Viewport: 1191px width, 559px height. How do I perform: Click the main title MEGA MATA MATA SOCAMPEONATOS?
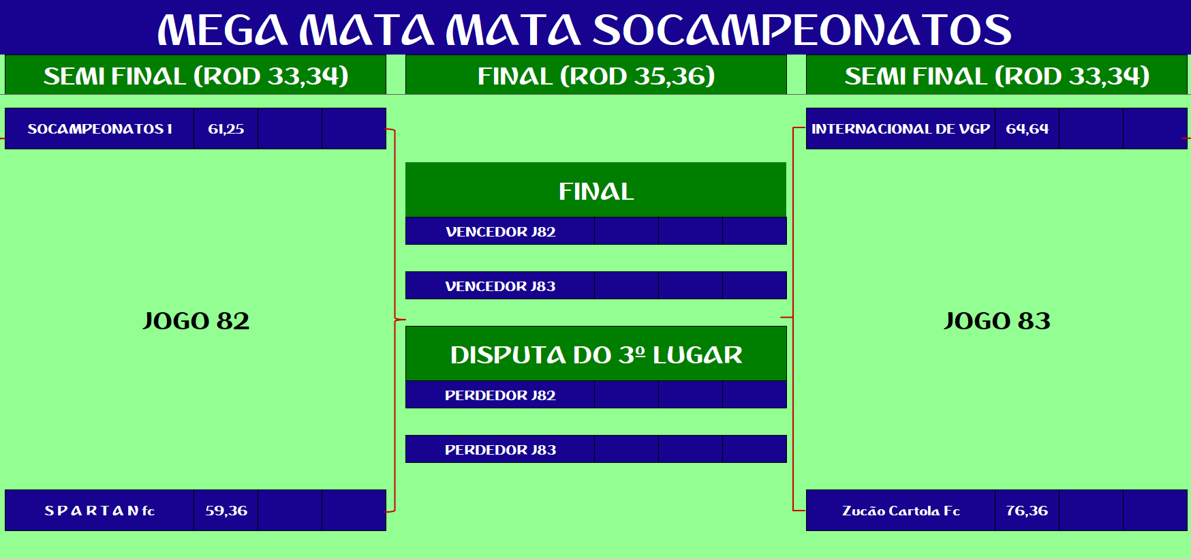(x=585, y=30)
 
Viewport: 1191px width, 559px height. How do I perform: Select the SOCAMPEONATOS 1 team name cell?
(x=99, y=129)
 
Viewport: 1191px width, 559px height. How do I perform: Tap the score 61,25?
(x=226, y=129)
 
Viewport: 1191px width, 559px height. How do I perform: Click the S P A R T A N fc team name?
(x=99, y=511)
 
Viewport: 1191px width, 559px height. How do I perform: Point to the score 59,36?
(x=226, y=511)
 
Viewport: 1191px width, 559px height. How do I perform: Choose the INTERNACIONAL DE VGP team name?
(x=901, y=129)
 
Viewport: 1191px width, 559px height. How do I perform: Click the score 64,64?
(x=1027, y=129)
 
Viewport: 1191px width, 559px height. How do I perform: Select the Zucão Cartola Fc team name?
(x=901, y=511)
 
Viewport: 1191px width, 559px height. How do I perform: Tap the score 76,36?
(x=1027, y=511)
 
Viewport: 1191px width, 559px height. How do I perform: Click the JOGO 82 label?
(x=196, y=321)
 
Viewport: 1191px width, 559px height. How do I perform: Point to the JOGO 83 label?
(x=997, y=321)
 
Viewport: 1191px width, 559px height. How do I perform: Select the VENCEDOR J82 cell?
(x=500, y=231)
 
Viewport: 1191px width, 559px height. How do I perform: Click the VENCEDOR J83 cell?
(x=500, y=286)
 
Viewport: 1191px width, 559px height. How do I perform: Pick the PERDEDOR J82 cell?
(x=500, y=395)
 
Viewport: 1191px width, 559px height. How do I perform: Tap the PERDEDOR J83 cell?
(x=500, y=449)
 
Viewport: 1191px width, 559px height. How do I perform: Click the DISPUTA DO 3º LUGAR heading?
(x=596, y=354)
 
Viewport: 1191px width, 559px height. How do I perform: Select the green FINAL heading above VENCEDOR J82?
(x=596, y=191)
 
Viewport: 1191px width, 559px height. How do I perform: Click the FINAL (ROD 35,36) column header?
(x=596, y=76)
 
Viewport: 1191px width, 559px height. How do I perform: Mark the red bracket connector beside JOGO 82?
(x=395, y=319)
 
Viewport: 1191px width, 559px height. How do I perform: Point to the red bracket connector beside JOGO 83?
(x=794, y=318)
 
